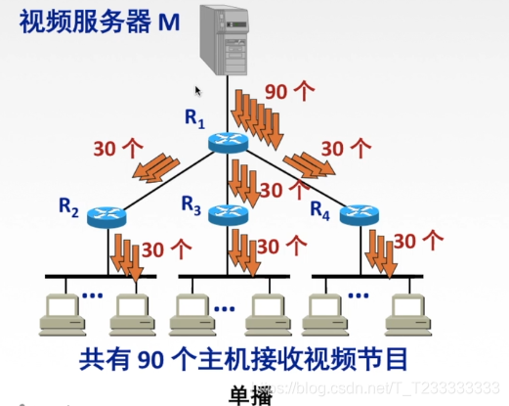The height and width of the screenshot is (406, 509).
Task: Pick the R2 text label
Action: pyautogui.click(x=68, y=205)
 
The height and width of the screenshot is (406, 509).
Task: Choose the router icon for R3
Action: pyautogui.click(x=230, y=216)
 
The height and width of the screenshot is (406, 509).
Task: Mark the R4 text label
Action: pyautogui.click(x=321, y=207)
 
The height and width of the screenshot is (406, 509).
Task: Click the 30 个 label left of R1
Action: pyautogui.click(x=117, y=149)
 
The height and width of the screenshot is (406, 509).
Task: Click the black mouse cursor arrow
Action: pyautogui.click(x=198, y=92)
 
